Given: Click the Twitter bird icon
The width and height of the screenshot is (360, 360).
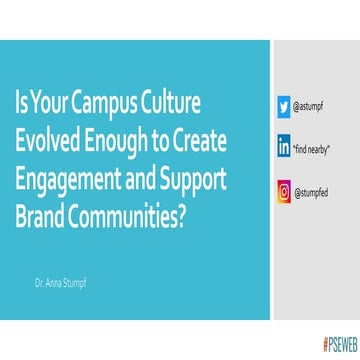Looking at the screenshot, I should click(284, 104).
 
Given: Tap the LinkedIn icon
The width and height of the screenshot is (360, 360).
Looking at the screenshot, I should click(284, 147).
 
